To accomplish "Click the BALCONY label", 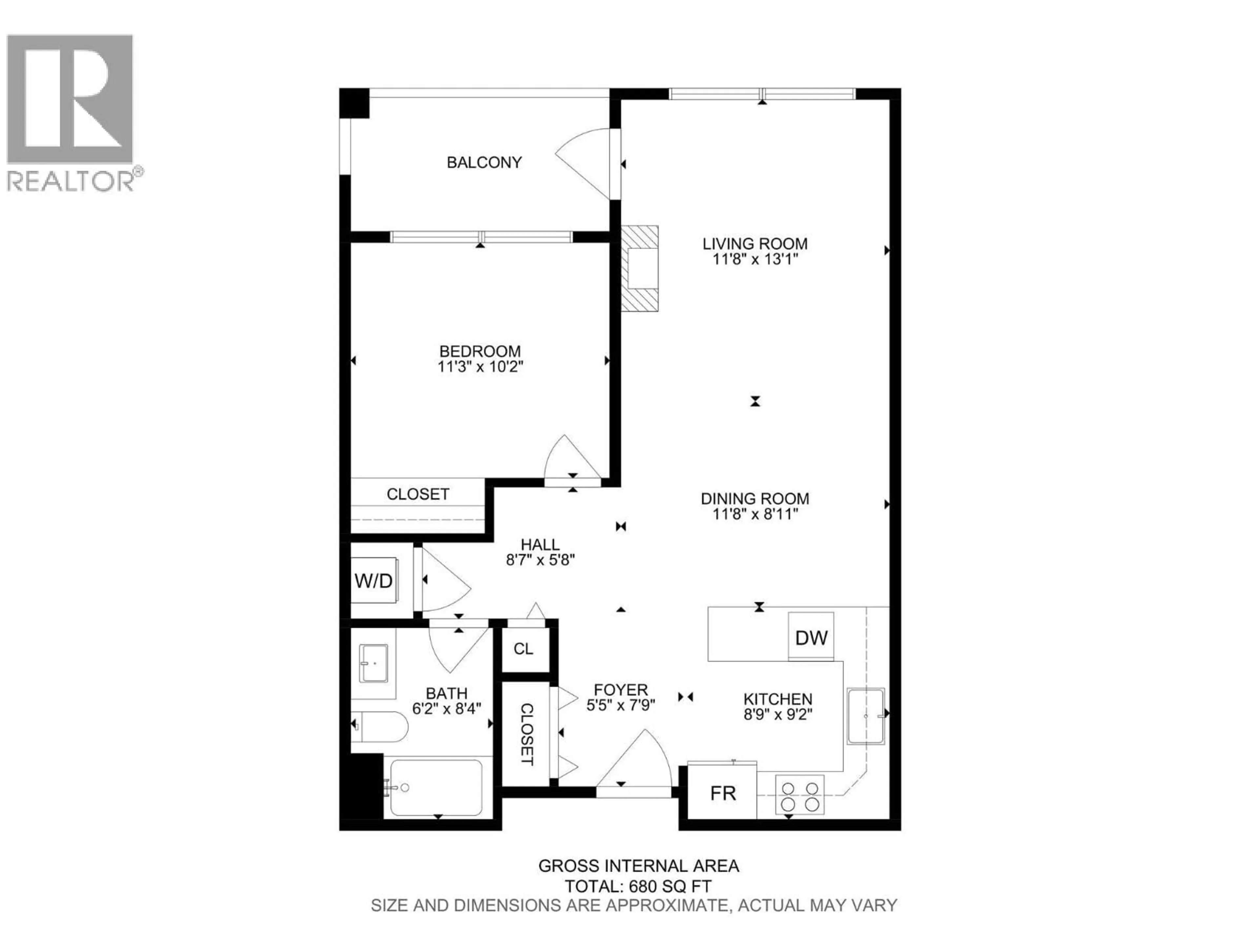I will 484,163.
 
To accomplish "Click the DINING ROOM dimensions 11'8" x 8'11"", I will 755,514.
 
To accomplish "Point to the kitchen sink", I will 865,717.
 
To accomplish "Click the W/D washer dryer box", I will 373,581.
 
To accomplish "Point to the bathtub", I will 435,788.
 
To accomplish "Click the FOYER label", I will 620,690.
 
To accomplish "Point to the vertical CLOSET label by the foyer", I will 527,734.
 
